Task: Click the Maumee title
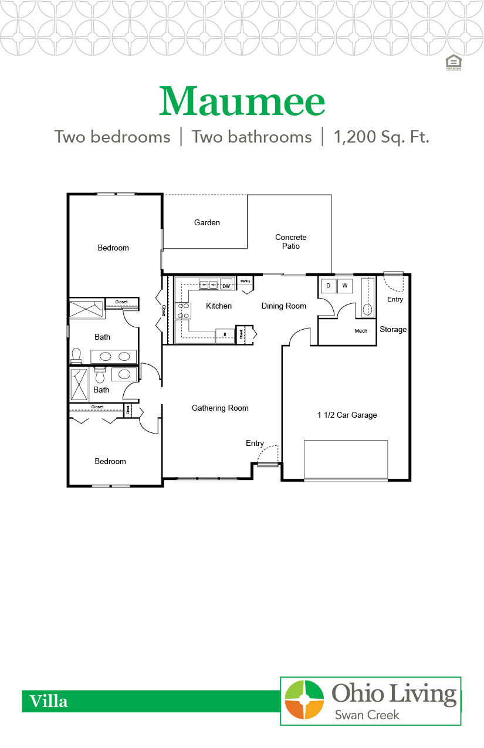pyautogui.click(x=242, y=101)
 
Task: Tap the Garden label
pyautogui.click(x=207, y=222)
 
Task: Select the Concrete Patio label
pyautogui.click(x=291, y=242)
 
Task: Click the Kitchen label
pyautogui.click(x=218, y=306)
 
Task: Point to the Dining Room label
pyautogui.click(x=284, y=306)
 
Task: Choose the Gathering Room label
pyautogui.click(x=220, y=408)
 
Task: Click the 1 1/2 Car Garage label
pyautogui.click(x=347, y=415)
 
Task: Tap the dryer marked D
pyautogui.click(x=328, y=286)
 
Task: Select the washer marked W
pyautogui.click(x=344, y=286)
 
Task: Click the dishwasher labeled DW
pyautogui.click(x=226, y=286)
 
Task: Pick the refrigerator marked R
pyautogui.click(x=224, y=335)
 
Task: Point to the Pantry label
pyautogui.click(x=245, y=280)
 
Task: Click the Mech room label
pyautogui.click(x=361, y=331)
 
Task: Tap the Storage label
pyautogui.click(x=393, y=329)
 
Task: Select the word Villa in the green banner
pyautogui.click(x=49, y=701)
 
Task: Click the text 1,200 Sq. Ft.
pyautogui.click(x=381, y=137)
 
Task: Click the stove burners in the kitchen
pyautogui.click(x=182, y=310)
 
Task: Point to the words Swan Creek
pyautogui.click(x=367, y=715)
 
